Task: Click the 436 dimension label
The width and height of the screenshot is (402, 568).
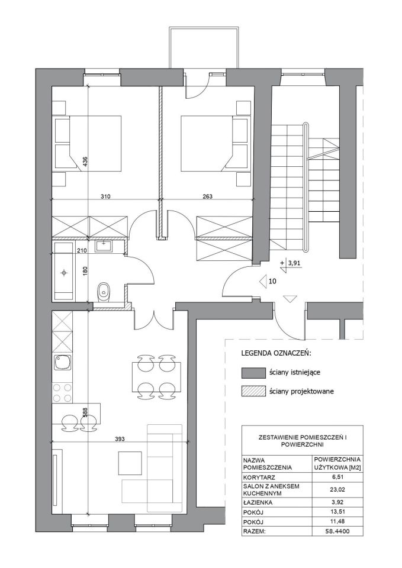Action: coord(85,161)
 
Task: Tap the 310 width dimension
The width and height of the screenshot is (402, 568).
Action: coord(105,196)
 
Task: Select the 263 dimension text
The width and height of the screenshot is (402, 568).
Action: coord(207,196)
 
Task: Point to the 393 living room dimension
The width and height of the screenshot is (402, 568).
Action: coord(120,439)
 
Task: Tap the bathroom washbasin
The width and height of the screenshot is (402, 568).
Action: coord(104,246)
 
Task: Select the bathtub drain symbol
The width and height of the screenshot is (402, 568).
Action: coord(64,272)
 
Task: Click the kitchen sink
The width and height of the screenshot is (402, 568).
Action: coord(62,363)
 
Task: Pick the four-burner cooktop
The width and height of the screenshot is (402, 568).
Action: coord(62,393)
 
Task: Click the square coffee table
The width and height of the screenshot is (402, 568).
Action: coord(130,463)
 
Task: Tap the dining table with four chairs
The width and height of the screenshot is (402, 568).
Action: coord(156,377)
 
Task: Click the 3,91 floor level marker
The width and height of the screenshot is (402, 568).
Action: coord(293,263)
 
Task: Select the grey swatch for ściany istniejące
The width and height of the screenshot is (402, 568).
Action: coord(253,372)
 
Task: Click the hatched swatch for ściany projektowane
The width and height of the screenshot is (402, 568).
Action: coord(253,391)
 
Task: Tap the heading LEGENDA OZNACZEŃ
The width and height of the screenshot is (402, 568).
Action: coord(276,353)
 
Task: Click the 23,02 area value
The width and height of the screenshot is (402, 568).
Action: coord(337,490)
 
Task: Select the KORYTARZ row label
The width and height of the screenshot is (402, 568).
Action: coord(257,477)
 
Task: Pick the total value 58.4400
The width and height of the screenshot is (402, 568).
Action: coord(337,532)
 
